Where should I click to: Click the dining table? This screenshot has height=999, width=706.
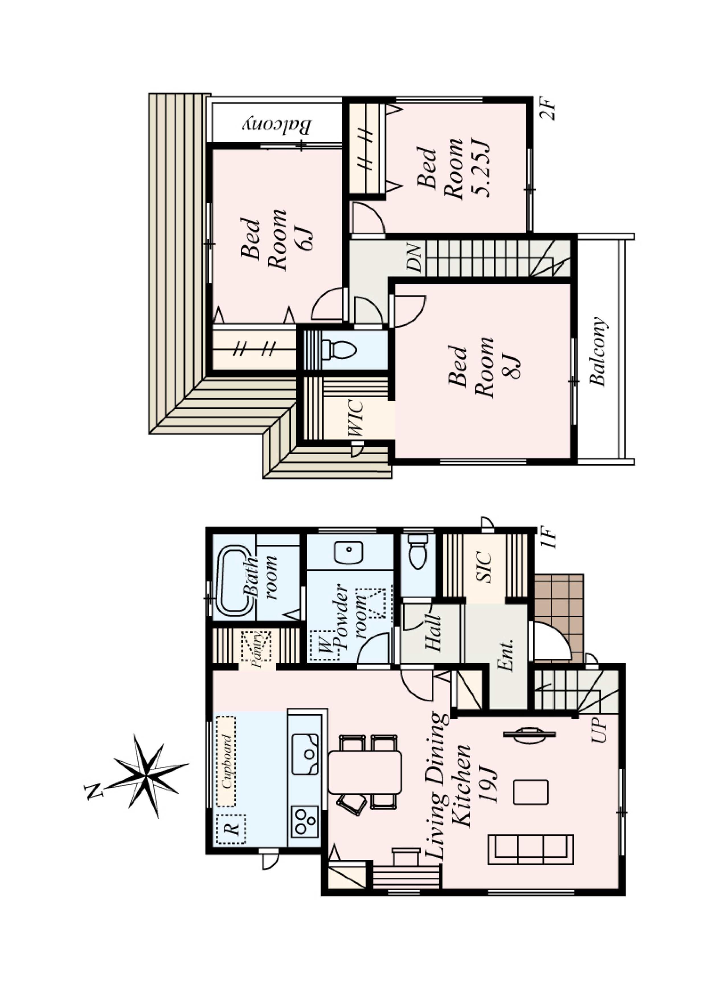pyautogui.click(x=365, y=772)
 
